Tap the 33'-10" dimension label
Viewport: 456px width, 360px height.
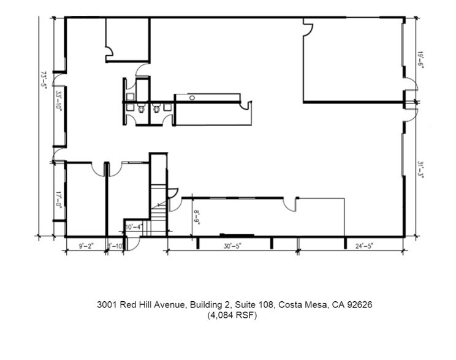click(x=59, y=100)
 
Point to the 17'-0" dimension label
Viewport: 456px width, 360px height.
click(x=59, y=200)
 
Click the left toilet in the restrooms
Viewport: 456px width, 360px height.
click(x=140, y=110)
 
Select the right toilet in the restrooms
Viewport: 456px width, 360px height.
click(x=157, y=110)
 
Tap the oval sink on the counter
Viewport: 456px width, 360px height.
click(x=192, y=97)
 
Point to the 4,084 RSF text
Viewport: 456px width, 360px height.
click(x=232, y=316)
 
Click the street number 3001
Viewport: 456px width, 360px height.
click(x=107, y=304)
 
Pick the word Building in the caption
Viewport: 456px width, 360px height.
click(x=207, y=304)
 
